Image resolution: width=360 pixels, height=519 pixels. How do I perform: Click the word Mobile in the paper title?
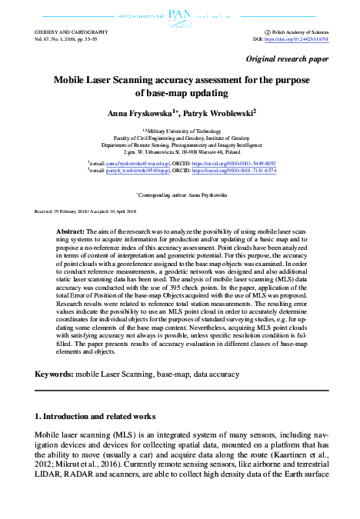tap(73, 79)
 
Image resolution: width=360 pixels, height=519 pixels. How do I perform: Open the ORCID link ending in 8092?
tap(244, 163)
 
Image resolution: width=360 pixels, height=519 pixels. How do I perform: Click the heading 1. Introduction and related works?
tap(95, 415)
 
